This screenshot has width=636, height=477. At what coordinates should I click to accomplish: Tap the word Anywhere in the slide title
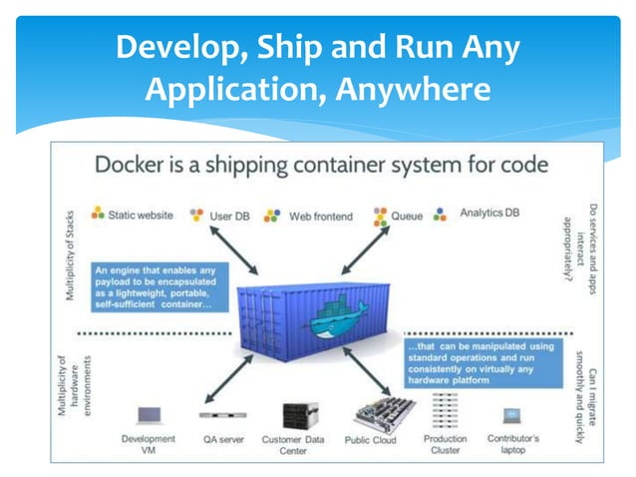410,91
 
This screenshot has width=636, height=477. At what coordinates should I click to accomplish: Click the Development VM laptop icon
147,413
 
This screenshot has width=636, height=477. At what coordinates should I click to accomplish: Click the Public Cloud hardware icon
369,413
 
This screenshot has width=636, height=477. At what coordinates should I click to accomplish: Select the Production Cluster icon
446,410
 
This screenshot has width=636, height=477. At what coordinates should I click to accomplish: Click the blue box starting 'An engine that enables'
159,283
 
